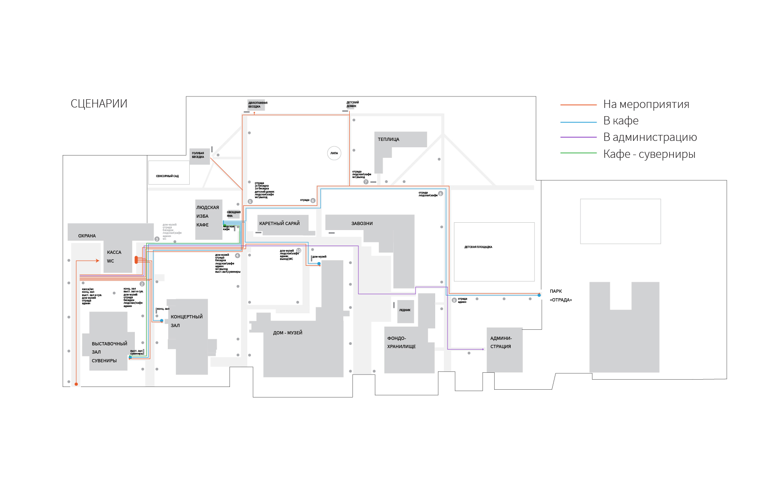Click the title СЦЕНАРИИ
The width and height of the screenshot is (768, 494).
pyautogui.click(x=99, y=104)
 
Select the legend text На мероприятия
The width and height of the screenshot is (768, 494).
pyautogui.click(x=646, y=104)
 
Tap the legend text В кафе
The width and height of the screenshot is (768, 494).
pyautogui.click(x=621, y=121)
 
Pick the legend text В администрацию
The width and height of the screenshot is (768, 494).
pyautogui.click(x=650, y=137)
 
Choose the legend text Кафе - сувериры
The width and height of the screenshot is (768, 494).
pyautogui.click(x=649, y=154)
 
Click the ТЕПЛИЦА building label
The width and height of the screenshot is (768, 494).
pyautogui.click(x=389, y=140)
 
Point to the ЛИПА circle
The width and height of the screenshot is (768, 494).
pyautogui.click(x=334, y=153)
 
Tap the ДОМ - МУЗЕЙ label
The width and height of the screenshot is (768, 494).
pyautogui.click(x=288, y=333)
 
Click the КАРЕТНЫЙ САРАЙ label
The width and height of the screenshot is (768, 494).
pyautogui.click(x=279, y=224)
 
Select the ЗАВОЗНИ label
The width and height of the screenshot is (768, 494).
pyautogui.click(x=362, y=224)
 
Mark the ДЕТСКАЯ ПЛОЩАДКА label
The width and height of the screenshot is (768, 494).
pyautogui.click(x=478, y=247)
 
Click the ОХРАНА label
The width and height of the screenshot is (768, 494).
pyautogui.click(x=87, y=236)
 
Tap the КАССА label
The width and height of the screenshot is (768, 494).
pyautogui.click(x=114, y=252)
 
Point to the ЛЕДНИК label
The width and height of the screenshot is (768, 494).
pyautogui.click(x=405, y=310)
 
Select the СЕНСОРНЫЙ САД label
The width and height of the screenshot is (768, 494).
pyautogui.click(x=167, y=176)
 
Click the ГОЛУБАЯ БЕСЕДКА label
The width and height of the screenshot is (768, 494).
pyautogui.click(x=198, y=155)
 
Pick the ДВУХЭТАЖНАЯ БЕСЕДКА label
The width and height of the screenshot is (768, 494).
pyautogui.click(x=258, y=105)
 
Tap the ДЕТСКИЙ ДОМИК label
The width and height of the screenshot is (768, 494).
pyautogui.click(x=352, y=104)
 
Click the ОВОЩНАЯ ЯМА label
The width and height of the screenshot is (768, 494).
pyautogui.click(x=234, y=214)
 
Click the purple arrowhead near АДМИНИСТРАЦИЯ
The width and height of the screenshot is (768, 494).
pyautogui.click(x=483, y=349)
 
